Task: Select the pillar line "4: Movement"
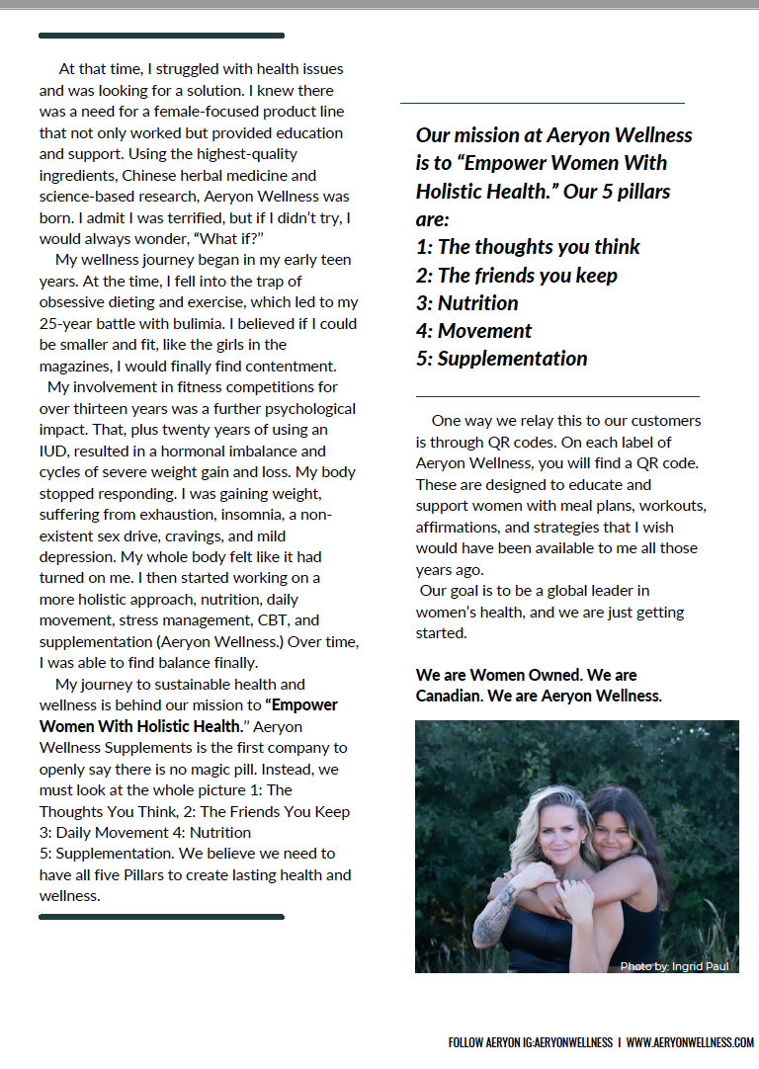tap(474, 331)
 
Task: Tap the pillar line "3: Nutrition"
tap(467, 303)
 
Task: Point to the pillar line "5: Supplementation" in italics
tap(502, 359)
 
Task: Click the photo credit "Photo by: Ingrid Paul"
tap(674, 966)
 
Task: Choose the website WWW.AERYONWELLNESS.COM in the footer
tap(690, 1042)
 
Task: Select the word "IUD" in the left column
tap(53, 451)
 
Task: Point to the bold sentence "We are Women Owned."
tap(498, 675)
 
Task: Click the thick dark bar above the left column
tap(161, 36)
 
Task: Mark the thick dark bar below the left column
tap(161, 917)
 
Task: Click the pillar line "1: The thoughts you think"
tap(528, 247)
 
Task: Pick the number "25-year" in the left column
tap(66, 323)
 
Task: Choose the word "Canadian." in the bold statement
tap(450, 696)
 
